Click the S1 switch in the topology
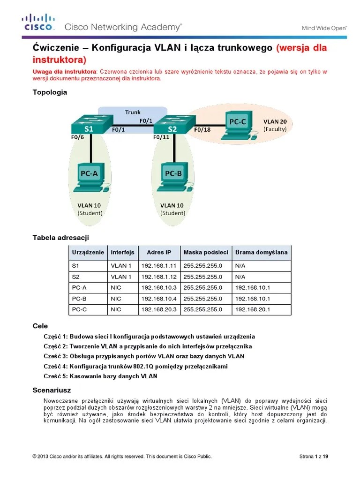coord(89,125)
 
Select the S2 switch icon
coord(172,125)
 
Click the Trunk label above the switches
coord(133,112)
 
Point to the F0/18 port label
coord(202,130)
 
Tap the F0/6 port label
coord(78,138)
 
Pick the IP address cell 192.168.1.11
coord(159,265)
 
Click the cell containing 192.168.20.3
coord(159,309)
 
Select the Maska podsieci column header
coord(206,252)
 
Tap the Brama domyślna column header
coord(261,252)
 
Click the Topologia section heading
coord(50,92)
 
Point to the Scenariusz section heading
coord(52,390)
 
